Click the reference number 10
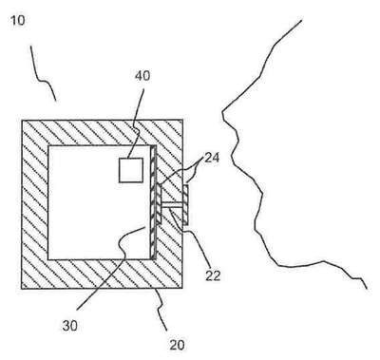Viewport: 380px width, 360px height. [x=18, y=21]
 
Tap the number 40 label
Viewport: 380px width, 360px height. [x=142, y=76]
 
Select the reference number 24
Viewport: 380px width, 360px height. [x=212, y=158]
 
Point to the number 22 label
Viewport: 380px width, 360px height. [x=212, y=275]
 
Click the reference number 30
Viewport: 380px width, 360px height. [x=70, y=326]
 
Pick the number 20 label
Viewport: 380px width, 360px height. [x=177, y=345]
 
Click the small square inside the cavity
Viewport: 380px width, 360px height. [x=131, y=170]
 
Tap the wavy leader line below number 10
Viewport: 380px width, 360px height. [x=43, y=75]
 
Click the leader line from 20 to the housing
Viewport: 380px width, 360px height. [x=161, y=310]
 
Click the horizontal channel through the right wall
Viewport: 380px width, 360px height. [x=172, y=205]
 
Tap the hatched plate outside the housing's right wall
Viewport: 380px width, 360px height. [x=185, y=205]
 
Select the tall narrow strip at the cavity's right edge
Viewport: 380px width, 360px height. [x=154, y=202]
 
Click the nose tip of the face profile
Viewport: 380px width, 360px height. [x=222, y=112]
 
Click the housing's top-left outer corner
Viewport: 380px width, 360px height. [x=22, y=120]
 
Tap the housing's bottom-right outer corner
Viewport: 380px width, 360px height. [x=182, y=288]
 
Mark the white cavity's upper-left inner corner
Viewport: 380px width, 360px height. [x=48, y=146]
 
